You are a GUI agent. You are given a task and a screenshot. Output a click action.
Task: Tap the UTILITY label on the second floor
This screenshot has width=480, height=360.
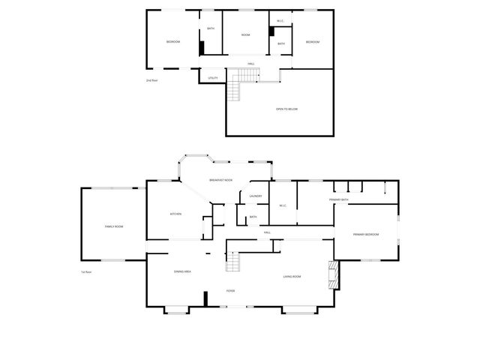tap(212, 77)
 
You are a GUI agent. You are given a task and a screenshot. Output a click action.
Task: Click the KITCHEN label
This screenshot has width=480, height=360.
tap(175, 214)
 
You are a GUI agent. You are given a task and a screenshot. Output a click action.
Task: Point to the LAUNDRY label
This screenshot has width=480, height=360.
tap(253, 197)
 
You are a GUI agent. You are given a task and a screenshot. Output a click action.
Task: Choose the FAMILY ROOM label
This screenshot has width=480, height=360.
tap(113, 226)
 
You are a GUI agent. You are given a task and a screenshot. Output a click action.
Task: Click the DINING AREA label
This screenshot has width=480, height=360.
tap(182, 271)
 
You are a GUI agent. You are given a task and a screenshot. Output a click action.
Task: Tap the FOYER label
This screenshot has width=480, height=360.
tap(232, 290)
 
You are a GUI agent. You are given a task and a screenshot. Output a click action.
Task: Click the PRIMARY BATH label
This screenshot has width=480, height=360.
tap(339, 199)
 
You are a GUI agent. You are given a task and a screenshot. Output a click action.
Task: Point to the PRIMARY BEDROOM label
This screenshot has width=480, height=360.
tap(366, 235)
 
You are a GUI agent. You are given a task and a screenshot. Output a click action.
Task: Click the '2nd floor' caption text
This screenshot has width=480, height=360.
tap(151, 80)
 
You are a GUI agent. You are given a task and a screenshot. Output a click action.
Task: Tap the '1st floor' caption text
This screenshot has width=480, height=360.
tap(86, 271)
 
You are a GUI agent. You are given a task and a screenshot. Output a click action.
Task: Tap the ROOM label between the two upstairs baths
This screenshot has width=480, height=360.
tap(245, 35)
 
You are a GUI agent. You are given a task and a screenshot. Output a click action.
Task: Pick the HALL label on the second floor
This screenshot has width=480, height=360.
tap(251, 64)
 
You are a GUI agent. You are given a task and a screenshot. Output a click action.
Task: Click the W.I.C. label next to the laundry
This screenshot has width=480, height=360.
tap(283, 205)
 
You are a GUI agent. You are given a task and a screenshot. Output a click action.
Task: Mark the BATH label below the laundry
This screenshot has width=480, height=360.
tap(253, 217)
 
